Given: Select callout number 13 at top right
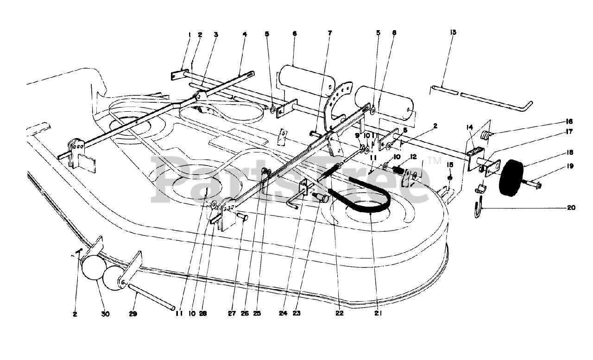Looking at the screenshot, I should coord(453,32).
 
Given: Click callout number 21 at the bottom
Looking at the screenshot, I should coord(379,313).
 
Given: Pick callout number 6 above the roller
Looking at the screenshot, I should coord(295,34).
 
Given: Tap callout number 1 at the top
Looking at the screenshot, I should coord(189,34).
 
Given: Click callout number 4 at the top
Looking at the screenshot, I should coord(244,34).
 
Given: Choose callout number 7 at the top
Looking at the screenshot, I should coord(329,34).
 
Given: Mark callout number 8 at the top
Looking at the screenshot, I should coord(394,34).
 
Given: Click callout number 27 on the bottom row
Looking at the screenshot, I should coord(231,313).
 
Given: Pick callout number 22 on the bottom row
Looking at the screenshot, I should coord(340,313).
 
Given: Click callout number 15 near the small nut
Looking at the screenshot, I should coord(449,165).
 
